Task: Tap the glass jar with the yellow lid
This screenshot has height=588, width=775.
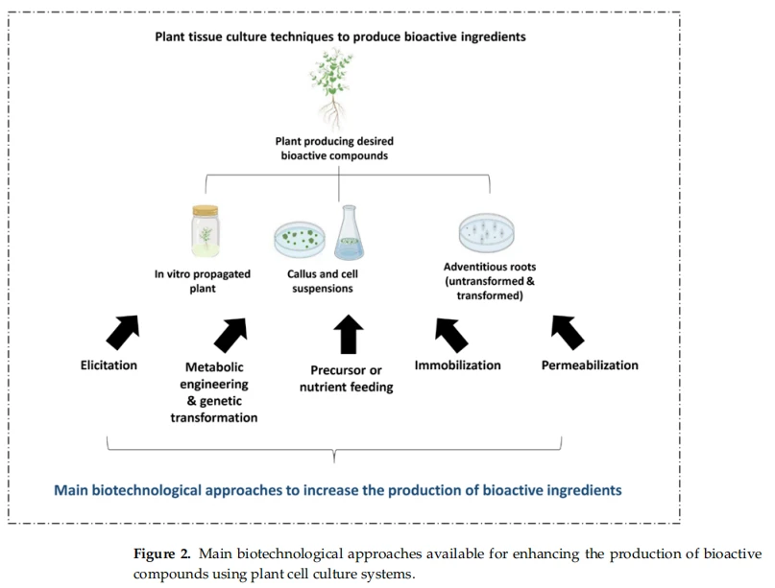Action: [206, 230]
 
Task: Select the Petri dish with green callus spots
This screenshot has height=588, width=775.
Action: [300, 239]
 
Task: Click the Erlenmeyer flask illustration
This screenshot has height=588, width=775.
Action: [349, 232]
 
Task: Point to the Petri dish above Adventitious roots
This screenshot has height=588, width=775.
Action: [486, 232]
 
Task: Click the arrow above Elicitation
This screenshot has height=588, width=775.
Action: [123, 332]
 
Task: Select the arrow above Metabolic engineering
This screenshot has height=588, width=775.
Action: [230, 335]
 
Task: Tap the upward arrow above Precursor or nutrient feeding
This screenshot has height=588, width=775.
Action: [349, 334]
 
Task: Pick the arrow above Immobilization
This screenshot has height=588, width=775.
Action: [451, 335]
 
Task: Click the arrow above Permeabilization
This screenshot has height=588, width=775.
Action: [568, 332]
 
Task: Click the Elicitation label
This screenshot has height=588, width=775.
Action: [109, 365]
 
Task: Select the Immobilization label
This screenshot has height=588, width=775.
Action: [458, 365]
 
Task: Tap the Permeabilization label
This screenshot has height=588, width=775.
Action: [590, 365]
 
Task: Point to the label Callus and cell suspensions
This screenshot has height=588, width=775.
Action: [323, 281]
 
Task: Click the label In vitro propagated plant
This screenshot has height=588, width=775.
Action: [203, 281]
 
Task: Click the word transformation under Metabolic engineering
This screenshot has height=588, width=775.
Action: [214, 417]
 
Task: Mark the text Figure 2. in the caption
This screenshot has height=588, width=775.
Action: [161, 553]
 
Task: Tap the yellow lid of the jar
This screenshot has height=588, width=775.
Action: [206, 210]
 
